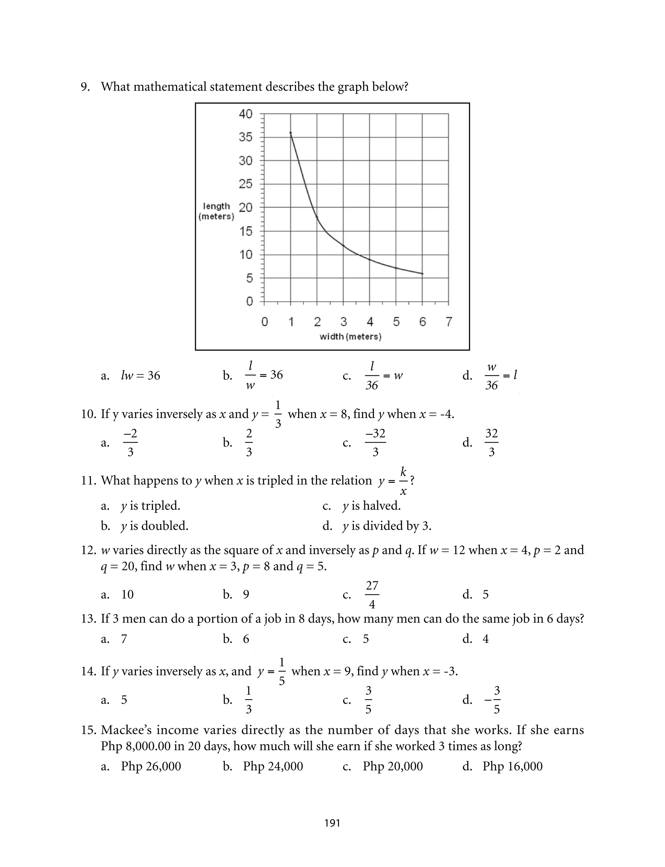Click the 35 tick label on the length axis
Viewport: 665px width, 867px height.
(x=245, y=137)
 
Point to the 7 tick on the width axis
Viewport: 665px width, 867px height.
(x=448, y=322)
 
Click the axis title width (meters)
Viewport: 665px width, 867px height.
(x=350, y=337)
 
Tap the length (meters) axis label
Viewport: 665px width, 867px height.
(x=216, y=211)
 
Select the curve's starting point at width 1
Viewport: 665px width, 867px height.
(x=291, y=133)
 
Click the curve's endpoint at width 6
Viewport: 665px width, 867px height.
(x=422, y=274)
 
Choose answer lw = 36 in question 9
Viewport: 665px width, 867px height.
(x=141, y=375)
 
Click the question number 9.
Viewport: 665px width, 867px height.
(x=85, y=87)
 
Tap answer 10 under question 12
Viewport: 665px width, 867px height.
(x=128, y=595)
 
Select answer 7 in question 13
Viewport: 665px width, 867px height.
(x=124, y=639)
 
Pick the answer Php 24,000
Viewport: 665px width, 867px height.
(x=273, y=766)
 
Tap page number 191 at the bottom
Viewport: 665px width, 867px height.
(x=332, y=823)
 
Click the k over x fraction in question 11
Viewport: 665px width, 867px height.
(x=403, y=481)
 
